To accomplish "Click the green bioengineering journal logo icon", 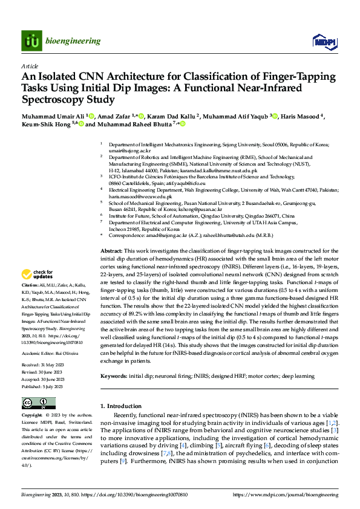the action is coord(31,41).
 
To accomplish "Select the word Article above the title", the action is coord(29,65).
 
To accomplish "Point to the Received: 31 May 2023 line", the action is coord(43,349).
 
